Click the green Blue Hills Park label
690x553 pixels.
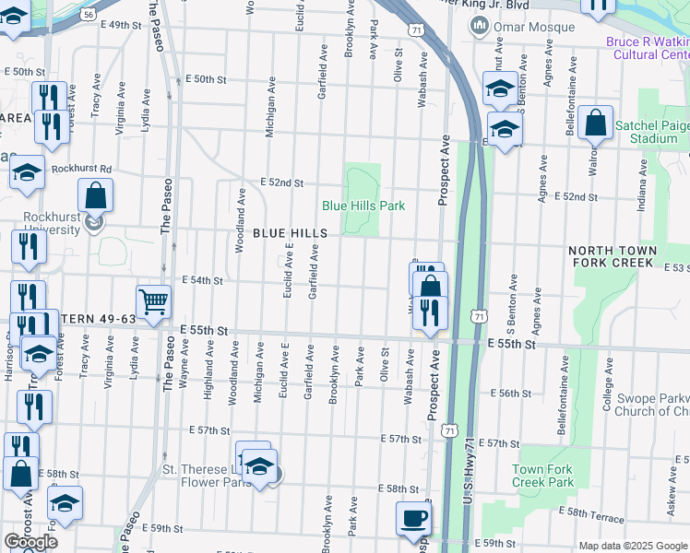pyautogui.click(x=363, y=206)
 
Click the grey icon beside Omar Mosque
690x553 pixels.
pyautogui.click(x=478, y=25)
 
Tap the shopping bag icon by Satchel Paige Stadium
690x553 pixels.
pyautogui.click(x=595, y=123)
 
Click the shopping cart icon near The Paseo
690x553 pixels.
pyautogui.click(x=153, y=300)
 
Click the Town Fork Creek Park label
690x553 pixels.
pyautogui.click(x=543, y=476)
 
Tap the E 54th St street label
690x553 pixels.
pyautogui.click(x=203, y=279)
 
